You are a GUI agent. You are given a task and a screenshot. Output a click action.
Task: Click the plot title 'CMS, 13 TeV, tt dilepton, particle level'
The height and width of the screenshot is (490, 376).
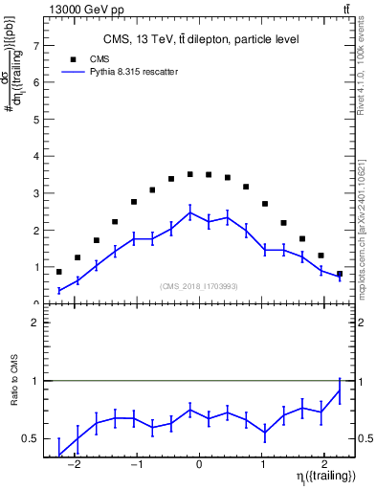point(200,39)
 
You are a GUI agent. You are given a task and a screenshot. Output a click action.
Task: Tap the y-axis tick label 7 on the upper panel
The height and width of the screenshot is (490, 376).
point(35,45)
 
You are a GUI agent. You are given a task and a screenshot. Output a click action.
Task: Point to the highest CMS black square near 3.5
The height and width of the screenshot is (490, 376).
point(190,174)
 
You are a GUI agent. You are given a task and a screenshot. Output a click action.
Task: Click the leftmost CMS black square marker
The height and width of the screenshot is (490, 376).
point(59,271)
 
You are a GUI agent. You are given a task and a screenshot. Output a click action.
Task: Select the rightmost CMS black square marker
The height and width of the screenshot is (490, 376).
point(340,274)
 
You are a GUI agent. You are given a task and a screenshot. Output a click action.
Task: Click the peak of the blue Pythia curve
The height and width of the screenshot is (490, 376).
point(190,212)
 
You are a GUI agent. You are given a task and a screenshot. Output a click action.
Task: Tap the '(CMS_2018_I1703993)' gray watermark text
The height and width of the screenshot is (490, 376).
point(199,285)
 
